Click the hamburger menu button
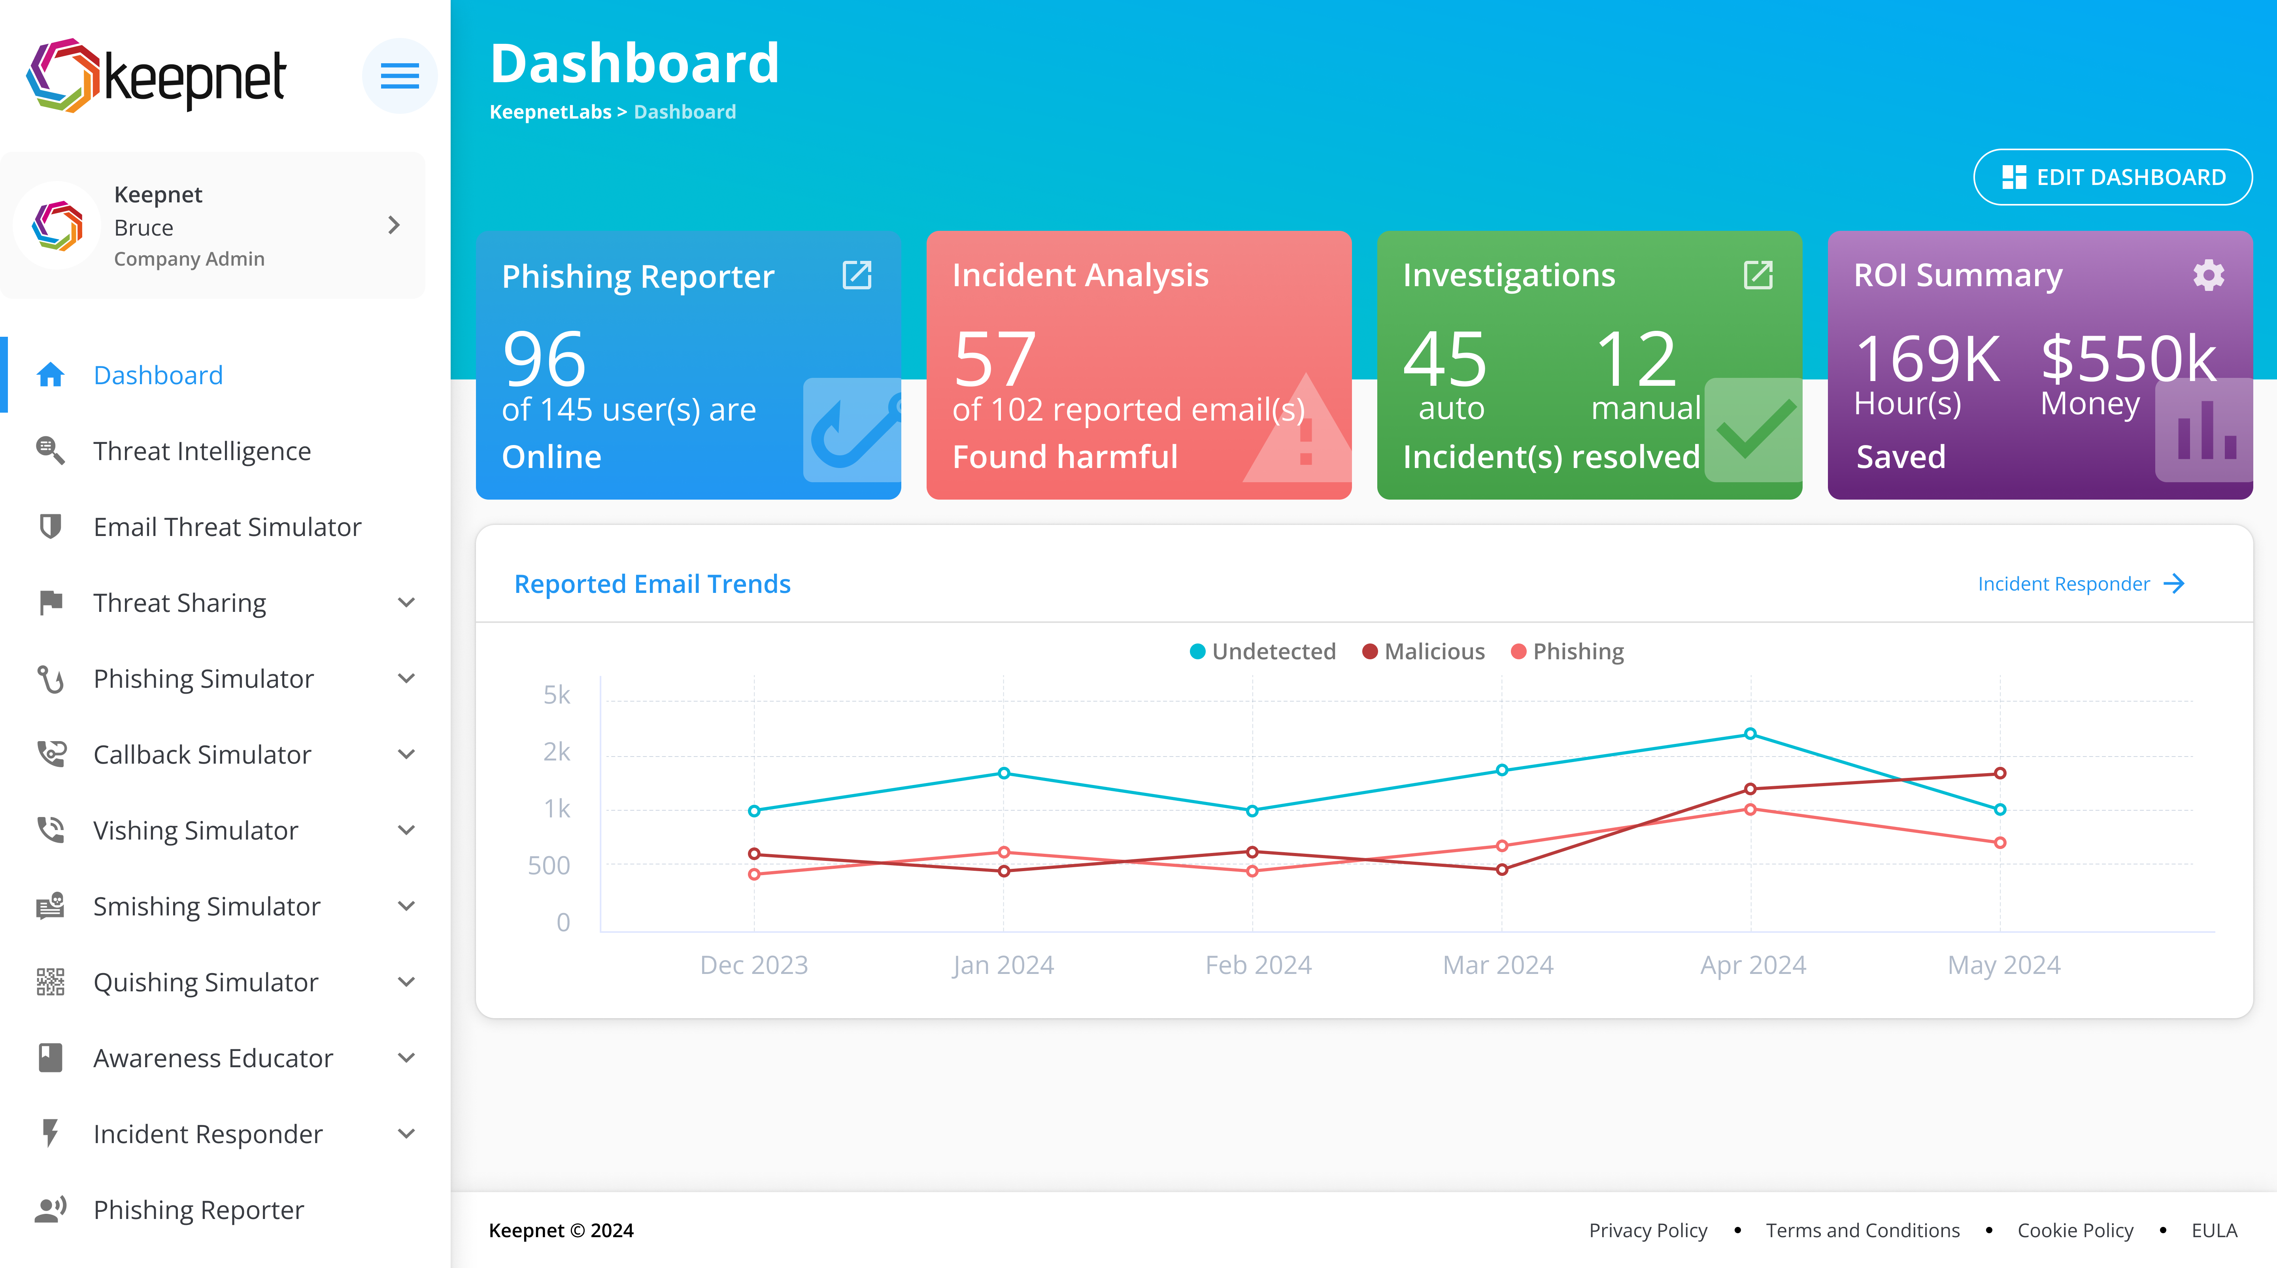point(400,76)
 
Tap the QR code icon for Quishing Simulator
point(50,982)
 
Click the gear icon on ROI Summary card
point(2208,275)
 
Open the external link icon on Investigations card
point(1757,275)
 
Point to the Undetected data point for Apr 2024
point(1750,733)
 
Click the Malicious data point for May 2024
point(1999,773)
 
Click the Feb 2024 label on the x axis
point(1258,965)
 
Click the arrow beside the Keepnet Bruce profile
point(394,225)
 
